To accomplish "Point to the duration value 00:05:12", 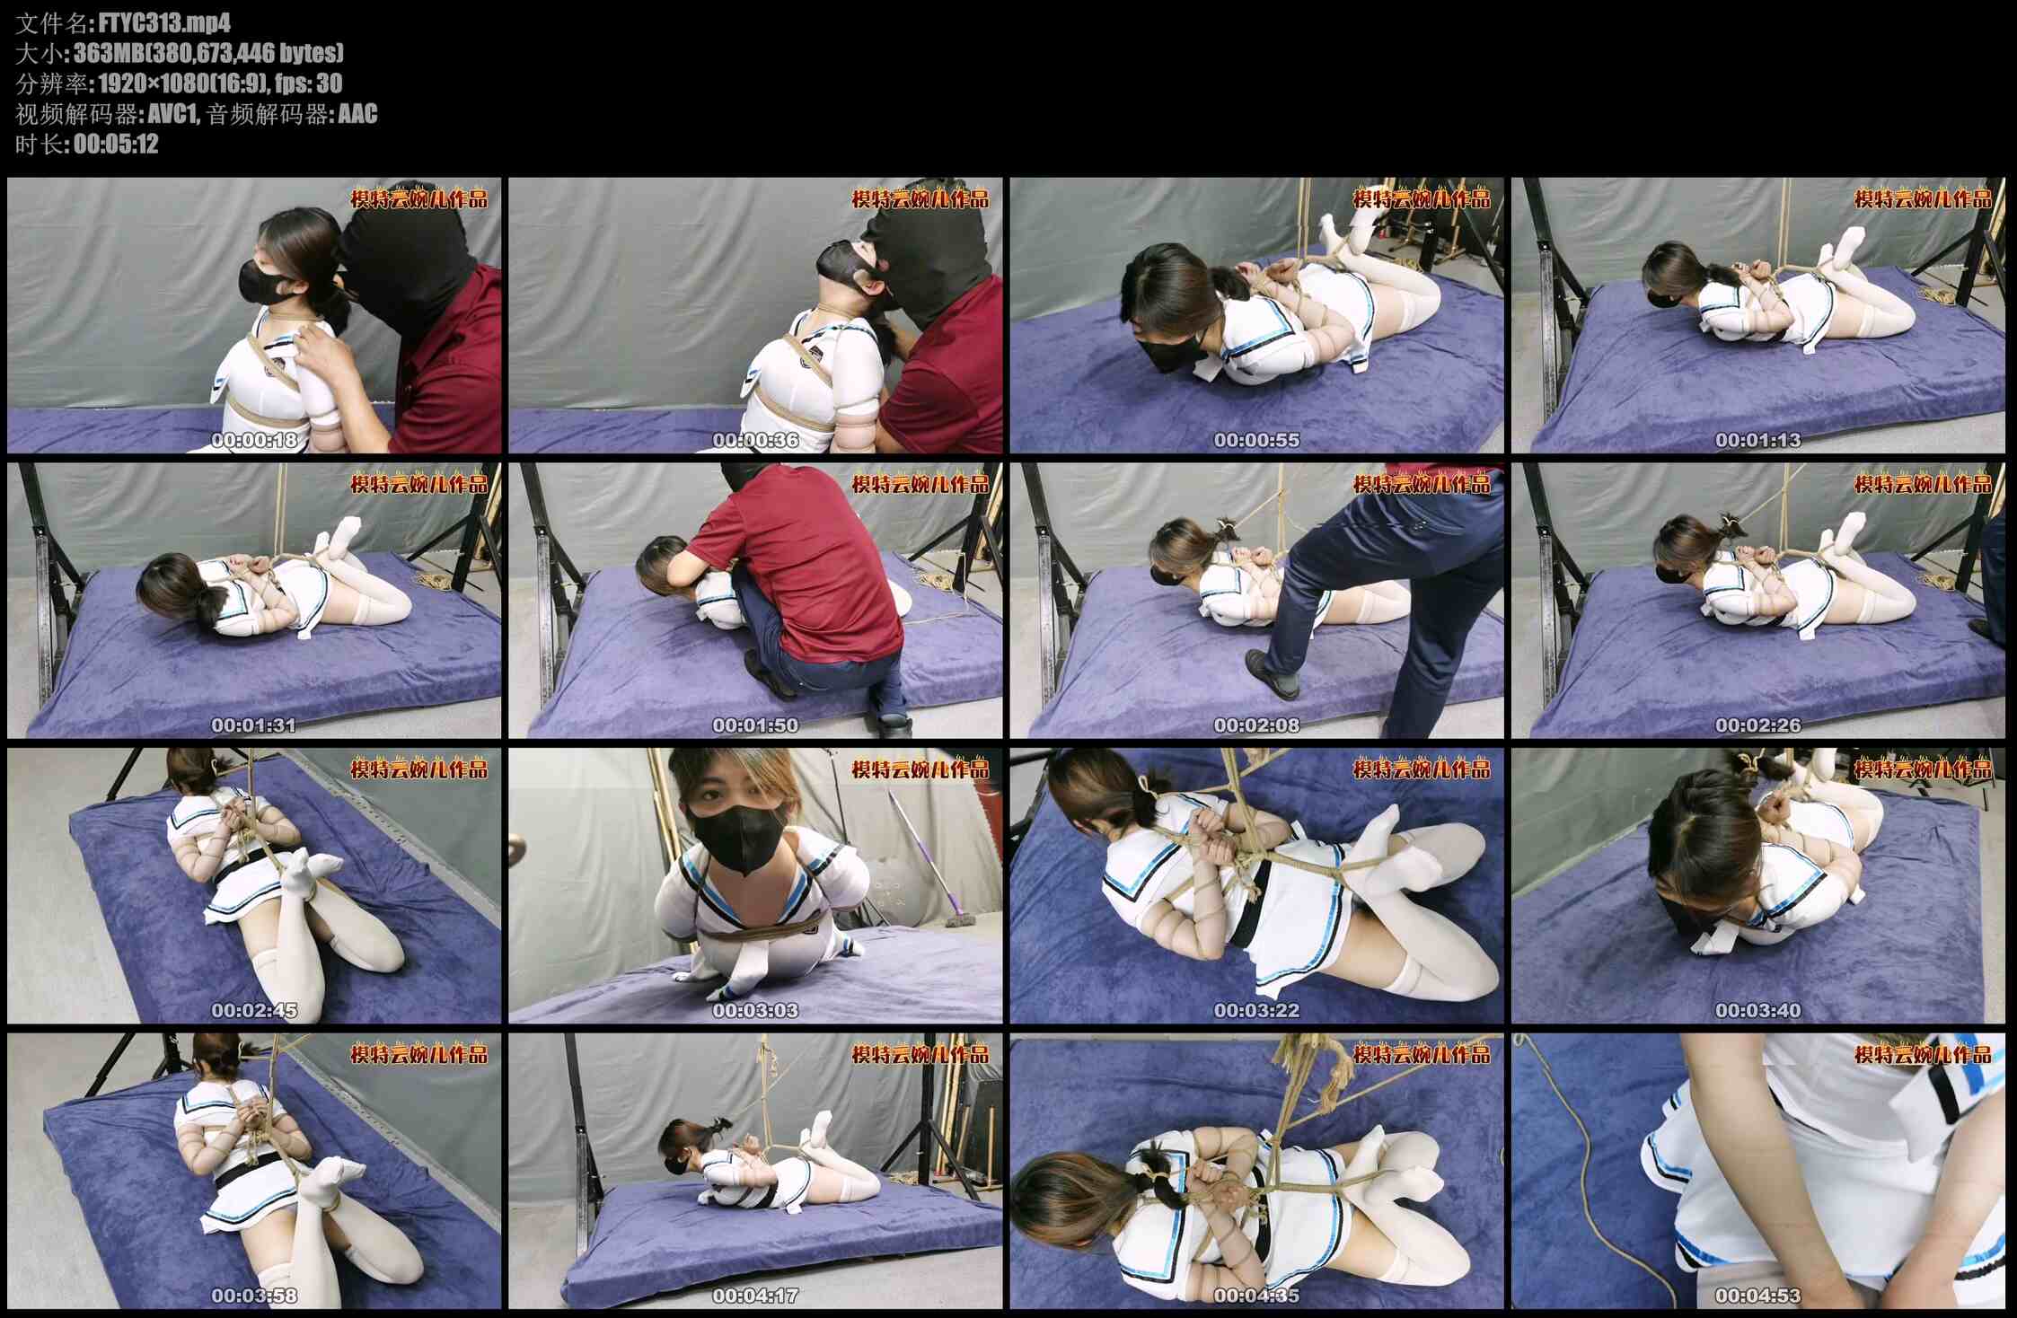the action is [116, 144].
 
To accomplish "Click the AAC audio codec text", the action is [357, 114].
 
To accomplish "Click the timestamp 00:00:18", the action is [254, 440].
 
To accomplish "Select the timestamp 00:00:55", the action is [1256, 440].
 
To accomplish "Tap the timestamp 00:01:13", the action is [1757, 440].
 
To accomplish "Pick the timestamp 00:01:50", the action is [755, 725].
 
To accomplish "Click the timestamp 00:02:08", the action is [1256, 725].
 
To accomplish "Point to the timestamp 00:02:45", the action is [254, 1011].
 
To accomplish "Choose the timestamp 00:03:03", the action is [755, 1011].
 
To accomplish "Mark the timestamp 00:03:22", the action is [1256, 1011].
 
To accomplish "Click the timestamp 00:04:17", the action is [755, 1296].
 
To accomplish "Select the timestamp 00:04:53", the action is [1757, 1296].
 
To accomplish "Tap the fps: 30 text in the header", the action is [309, 83].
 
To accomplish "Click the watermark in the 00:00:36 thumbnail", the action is [920, 198].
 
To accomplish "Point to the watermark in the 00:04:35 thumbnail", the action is [1421, 1054].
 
